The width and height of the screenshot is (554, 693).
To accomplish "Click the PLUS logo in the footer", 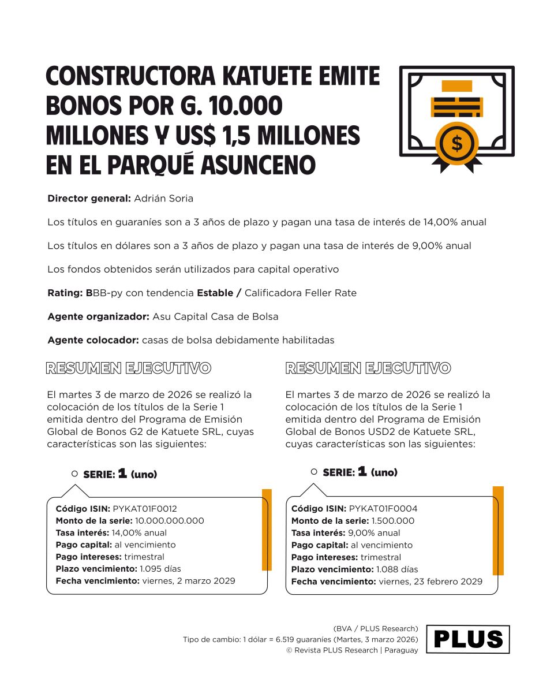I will (468, 639).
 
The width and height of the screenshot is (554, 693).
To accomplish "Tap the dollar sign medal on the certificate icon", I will (457, 143).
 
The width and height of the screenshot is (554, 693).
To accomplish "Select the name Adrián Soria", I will (163, 199).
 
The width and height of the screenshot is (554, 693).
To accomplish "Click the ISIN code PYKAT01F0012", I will (145, 509).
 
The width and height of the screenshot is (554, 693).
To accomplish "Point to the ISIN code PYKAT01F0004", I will (383, 509).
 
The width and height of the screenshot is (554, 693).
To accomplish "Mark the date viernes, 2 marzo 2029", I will (188, 581).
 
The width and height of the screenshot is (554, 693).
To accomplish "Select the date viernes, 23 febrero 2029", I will (431, 582).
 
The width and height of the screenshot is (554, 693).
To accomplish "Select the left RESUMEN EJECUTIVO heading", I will (128, 368).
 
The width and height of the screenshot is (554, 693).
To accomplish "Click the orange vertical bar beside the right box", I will (498, 530).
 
